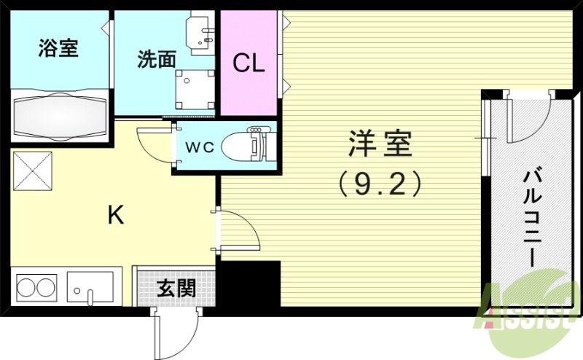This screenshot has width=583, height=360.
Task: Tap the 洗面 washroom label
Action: tap(156, 59)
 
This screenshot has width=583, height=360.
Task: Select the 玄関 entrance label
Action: tap(176, 289)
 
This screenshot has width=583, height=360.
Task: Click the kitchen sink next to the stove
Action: tap(90, 286)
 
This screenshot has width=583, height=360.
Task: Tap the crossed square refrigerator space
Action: tap(32, 172)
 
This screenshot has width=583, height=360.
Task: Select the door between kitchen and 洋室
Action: tap(237, 230)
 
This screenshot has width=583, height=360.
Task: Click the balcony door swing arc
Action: tap(526, 117)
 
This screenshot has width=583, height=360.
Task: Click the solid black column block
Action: tap(250, 284)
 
